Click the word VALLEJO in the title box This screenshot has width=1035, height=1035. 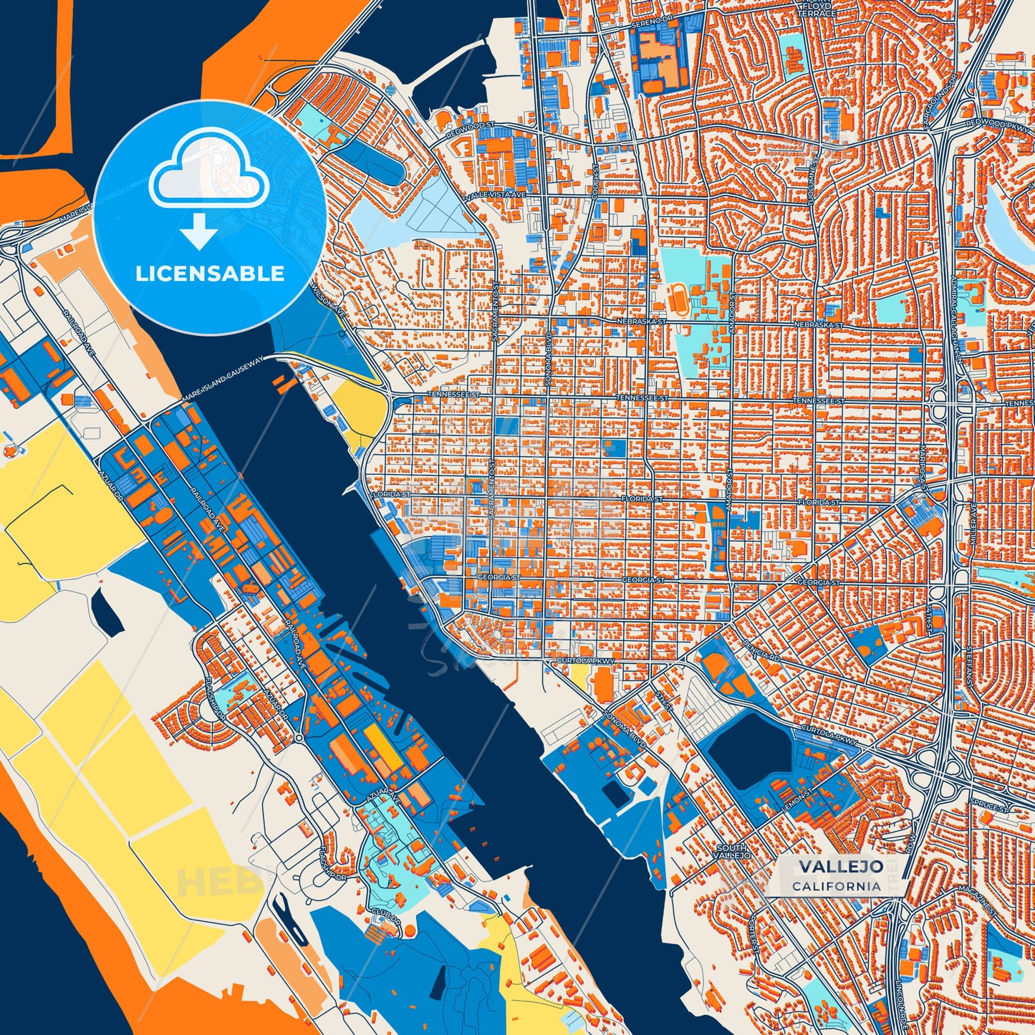pyautogui.click(x=841, y=866)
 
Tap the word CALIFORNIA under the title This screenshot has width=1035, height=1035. pyautogui.click(x=837, y=886)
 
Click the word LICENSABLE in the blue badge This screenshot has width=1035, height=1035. pyautogui.click(x=210, y=274)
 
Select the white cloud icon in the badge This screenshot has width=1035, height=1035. pyautogui.click(x=208, y=170)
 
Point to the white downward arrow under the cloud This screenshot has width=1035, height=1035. pyautogui.click(x=199, y=232)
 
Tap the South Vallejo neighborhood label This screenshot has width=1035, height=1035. pyautogui.click(x=732, y=852)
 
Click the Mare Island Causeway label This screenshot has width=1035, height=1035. pyautogui.click(x=223, y=377)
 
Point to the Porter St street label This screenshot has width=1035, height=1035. pyautogui.click(x=756, y=937)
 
